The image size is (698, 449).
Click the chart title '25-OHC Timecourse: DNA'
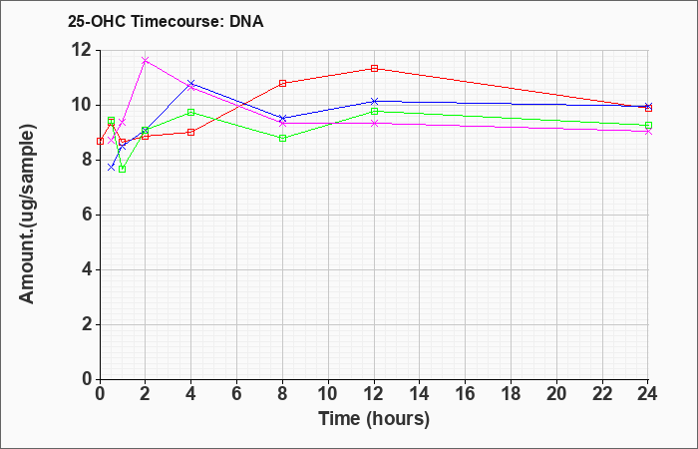[x=166, y=21]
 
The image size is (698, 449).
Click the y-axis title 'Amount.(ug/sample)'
[x=27, y=215]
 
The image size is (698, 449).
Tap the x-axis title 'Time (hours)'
[x=374, y=419]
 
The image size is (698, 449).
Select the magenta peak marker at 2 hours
[x=146, y=60]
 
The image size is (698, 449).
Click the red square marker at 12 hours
[x=374, y=68]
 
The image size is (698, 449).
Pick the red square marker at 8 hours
[x=282, y=83]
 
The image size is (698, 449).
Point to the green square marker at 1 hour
[x=123, y=170]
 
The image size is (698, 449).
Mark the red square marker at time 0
[x=100, y=142]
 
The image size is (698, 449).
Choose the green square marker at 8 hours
[x=282, y=138]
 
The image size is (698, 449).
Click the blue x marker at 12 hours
[x=374, y=101]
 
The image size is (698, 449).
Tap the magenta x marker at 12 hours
[x=374, y=123]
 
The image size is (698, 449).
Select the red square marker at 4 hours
[x=191, y=133]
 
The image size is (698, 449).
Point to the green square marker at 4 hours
[x=191, y=112]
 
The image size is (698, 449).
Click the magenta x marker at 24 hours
[x=648, y=132]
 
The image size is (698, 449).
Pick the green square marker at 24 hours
[x=648, y=125]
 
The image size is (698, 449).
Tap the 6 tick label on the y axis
[x=88, y=215]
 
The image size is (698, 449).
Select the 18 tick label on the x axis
[x=512, y=394]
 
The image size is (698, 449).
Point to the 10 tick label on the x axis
[x=328, y=394]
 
